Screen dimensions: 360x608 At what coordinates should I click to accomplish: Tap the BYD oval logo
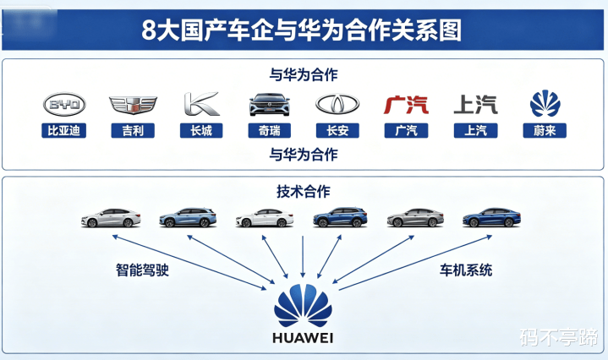65,105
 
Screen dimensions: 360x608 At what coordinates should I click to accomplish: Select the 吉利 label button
134,130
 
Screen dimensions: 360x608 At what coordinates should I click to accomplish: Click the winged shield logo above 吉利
134,105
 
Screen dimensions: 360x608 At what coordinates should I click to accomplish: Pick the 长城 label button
201,130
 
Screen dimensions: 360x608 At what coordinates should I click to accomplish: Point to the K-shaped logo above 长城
201,104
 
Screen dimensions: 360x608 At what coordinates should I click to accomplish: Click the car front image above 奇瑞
270,105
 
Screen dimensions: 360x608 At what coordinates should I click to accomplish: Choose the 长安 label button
337,130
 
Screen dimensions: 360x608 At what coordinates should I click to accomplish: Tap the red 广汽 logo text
406,105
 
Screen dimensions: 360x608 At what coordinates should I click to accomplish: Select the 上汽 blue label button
475,130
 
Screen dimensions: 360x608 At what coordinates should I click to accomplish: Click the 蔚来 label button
545,130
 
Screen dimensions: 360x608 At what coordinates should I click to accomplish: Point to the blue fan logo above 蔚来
545,104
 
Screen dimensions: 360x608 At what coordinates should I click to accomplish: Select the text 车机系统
465,271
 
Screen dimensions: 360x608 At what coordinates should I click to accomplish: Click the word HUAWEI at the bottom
303,338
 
